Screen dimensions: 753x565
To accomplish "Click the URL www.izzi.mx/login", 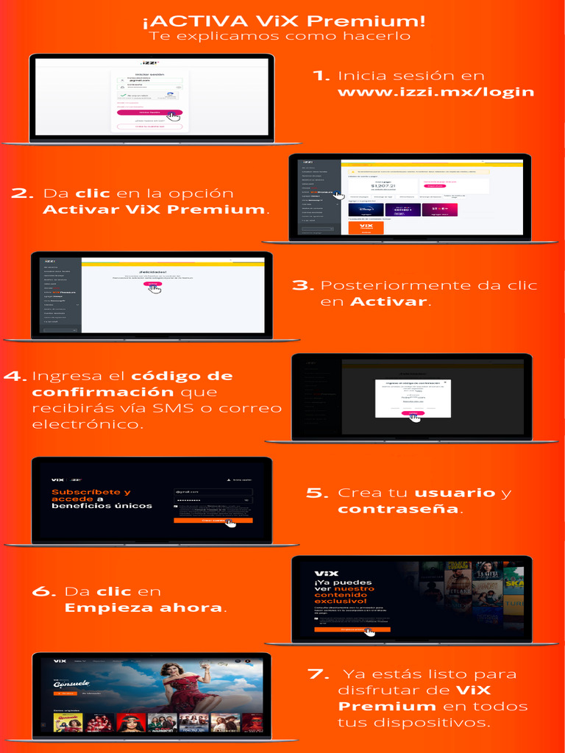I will coord(436,93).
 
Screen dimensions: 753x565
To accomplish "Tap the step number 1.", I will coord(321,76).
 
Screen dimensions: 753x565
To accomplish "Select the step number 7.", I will coord(319,674).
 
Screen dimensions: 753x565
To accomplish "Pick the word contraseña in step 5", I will coord(397,509).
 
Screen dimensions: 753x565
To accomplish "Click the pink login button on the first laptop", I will coord(149,113).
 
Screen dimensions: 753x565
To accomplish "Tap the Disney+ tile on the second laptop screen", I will coord(366,210).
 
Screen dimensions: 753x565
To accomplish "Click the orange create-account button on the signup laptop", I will coord(213,521).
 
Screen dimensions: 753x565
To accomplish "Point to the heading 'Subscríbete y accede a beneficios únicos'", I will coord(102,499).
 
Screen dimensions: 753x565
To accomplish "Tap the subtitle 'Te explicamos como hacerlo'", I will coord(280,36).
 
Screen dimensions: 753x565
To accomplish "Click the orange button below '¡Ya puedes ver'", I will coord(352,629).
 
